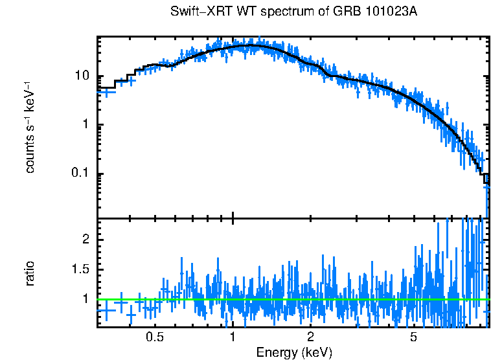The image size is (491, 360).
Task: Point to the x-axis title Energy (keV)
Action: point(294,353)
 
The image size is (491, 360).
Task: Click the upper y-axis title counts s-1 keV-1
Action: point(30,127)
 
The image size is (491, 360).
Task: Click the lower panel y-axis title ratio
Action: point(30,273)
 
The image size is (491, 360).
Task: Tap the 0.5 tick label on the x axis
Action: point(154,337)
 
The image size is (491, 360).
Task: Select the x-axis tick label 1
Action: point(233,337)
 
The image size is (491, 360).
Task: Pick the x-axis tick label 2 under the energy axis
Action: point(311,337)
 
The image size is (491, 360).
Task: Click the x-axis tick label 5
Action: point(414,337)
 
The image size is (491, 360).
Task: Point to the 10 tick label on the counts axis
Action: point(81,76)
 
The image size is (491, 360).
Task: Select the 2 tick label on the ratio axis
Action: point(84,240)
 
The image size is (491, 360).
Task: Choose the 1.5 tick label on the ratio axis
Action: point(79,269)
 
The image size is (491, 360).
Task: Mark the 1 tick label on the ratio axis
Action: point(84,299)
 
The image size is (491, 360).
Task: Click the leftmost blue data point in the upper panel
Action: point(106,93)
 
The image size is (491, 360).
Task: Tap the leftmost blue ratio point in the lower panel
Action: point(106,310)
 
